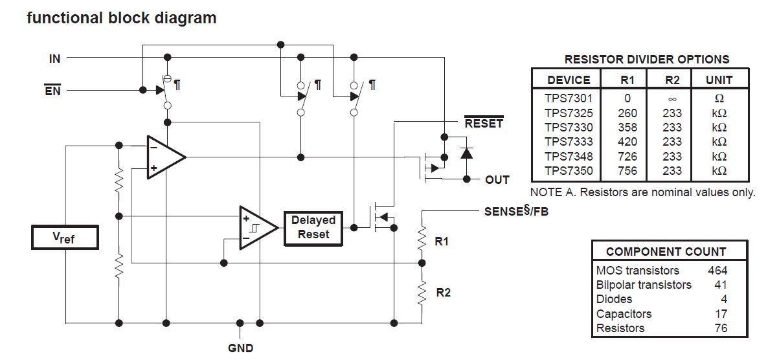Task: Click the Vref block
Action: click(65, 238)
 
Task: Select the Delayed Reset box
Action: click(313, 228)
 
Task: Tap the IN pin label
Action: click(54, 58)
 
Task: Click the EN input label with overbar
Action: click(52, 91)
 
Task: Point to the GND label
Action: click(240, 348)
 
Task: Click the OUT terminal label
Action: click(497, 179)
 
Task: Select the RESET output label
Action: click(483, 123)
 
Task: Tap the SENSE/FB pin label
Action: click(516, 211)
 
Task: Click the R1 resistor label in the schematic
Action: click(442, 242)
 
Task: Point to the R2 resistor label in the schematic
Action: click(443, 293)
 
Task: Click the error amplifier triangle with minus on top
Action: click(164, 157)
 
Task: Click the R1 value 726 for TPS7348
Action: click(627, 157)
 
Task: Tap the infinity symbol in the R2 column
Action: click(672, 99)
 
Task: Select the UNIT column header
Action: click(719, 80)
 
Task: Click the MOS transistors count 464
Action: click(717, 270)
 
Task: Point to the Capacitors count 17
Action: click(720, 314)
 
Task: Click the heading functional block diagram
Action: click(122, 18)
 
